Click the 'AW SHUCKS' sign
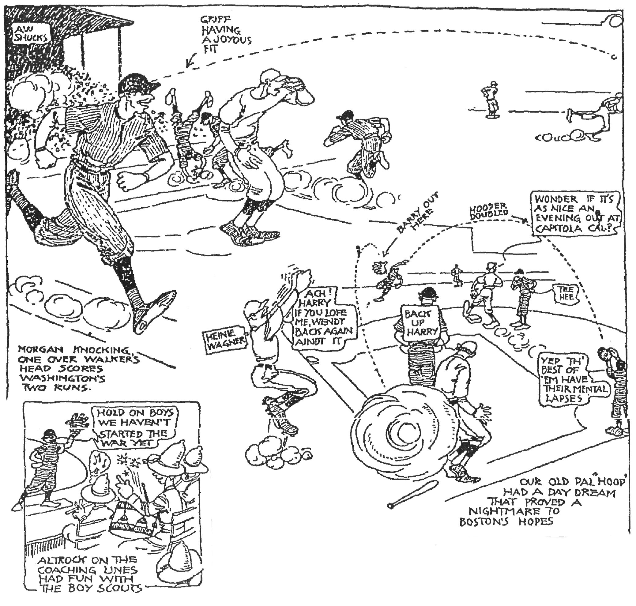coord(31,34)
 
